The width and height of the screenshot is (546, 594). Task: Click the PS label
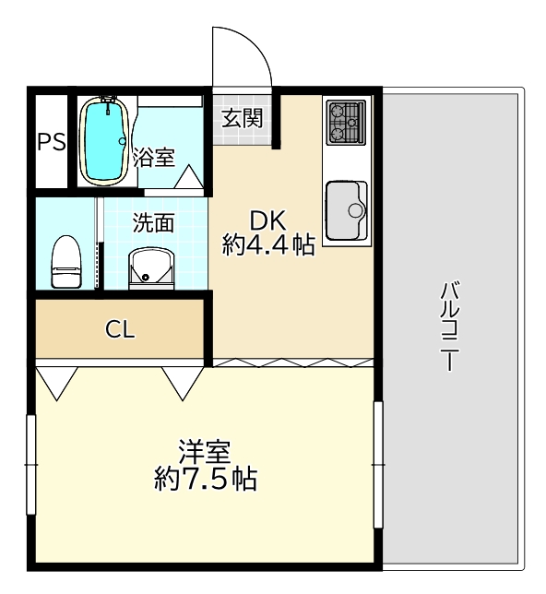[52, 143]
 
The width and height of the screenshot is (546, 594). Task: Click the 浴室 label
[154, 157]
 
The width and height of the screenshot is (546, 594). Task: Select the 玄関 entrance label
[243, 118]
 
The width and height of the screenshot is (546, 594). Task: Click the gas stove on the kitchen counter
[346, 122]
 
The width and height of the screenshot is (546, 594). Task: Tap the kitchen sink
[346, 210]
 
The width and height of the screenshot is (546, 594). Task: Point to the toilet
[66, 261]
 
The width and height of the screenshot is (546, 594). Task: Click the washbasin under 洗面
[151, 268]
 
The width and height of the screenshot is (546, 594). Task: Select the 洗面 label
[154, 223]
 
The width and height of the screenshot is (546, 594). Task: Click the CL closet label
[120, 329]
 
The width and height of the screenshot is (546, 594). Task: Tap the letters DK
[267, 220]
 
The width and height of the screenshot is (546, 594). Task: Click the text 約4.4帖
[268, 244]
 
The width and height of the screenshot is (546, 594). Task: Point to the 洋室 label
[205, 452]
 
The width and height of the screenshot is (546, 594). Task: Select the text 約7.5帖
[206, 480]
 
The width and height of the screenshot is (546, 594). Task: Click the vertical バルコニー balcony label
[450, 326]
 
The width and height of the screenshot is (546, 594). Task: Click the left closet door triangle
[57, 383]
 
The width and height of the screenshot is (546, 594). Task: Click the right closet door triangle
[183, 383]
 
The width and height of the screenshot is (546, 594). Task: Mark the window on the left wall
[31, 465]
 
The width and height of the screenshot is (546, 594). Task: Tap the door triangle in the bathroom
[189, 177]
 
